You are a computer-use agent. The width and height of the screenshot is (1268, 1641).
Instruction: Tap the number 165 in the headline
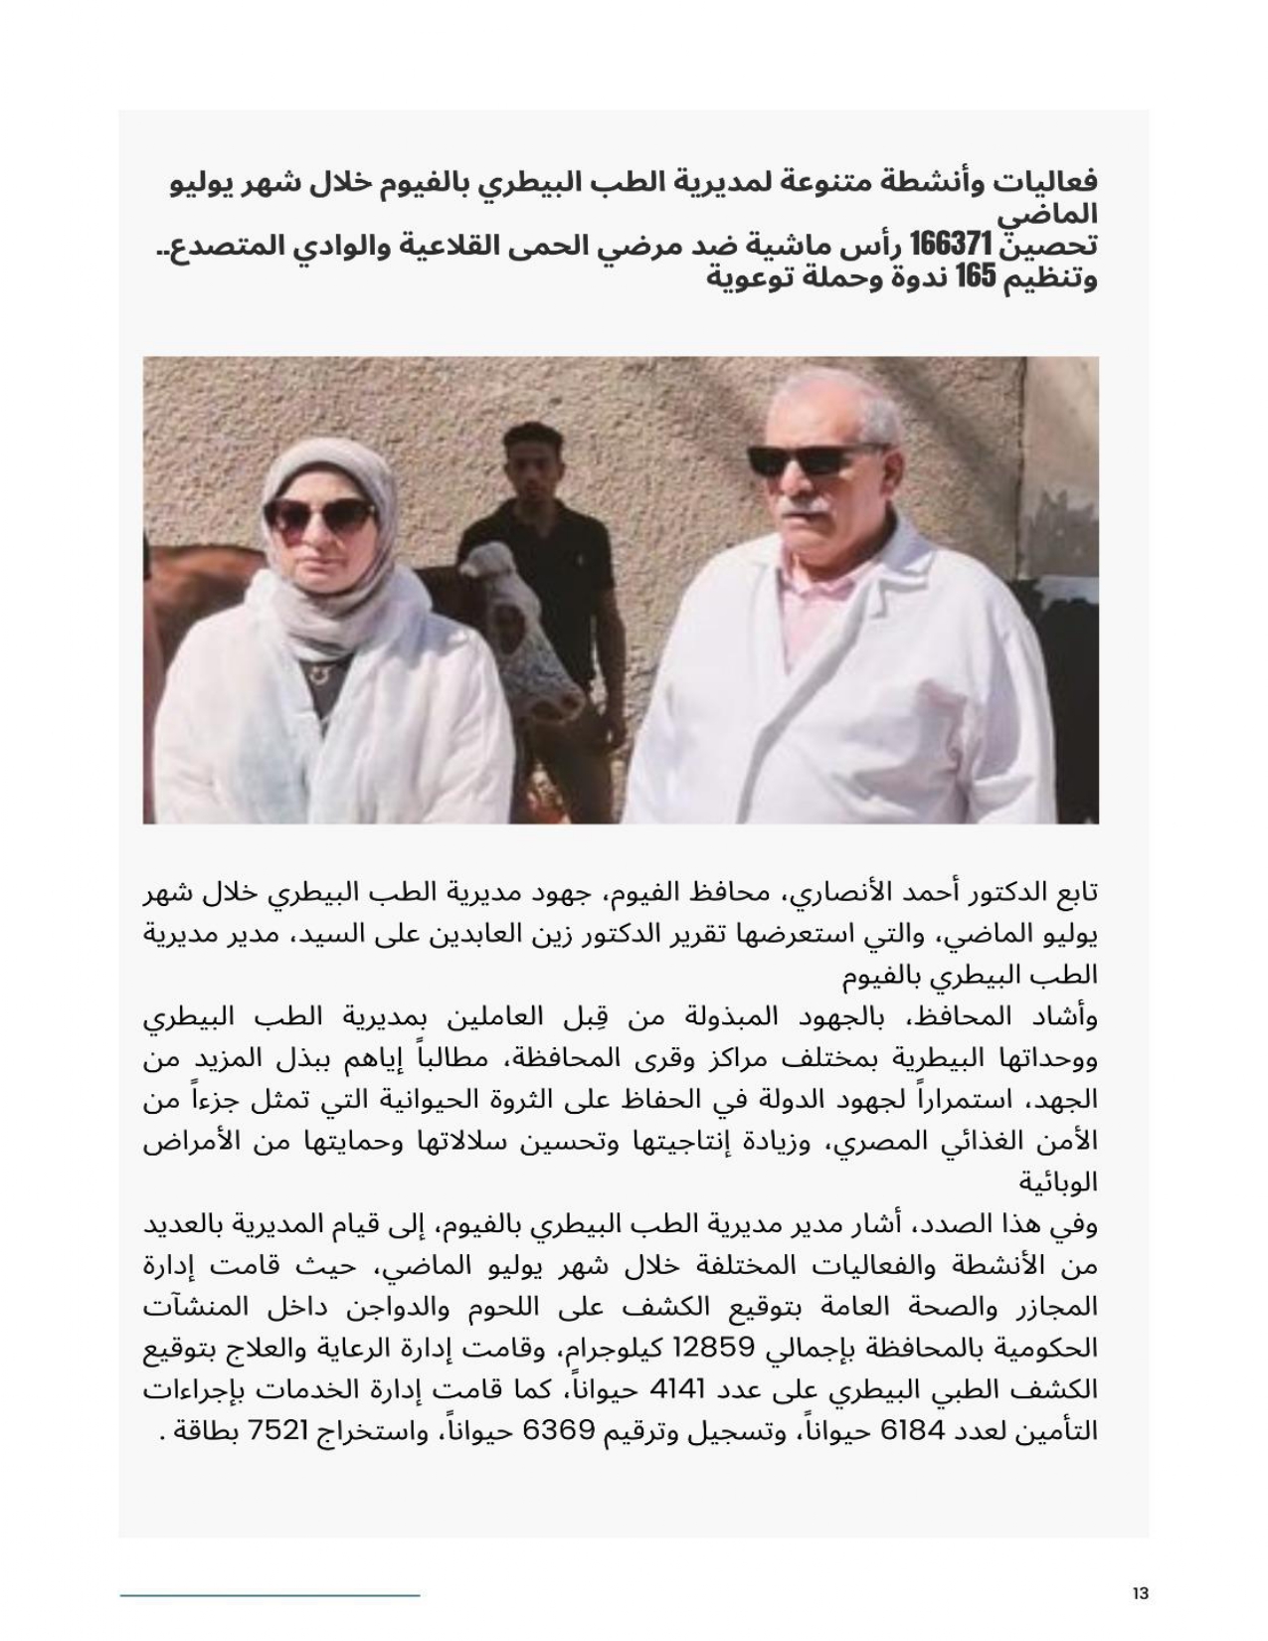(x=976, y=277)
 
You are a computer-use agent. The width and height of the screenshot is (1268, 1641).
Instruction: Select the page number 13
(x=1140, y=1593)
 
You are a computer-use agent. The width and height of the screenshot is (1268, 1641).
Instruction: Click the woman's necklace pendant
(x=317, y=673)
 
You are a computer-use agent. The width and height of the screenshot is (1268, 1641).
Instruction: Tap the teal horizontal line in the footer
(x=270, y=1595)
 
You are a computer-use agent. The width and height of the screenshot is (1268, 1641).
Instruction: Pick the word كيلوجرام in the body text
(x=608, y=1348)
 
